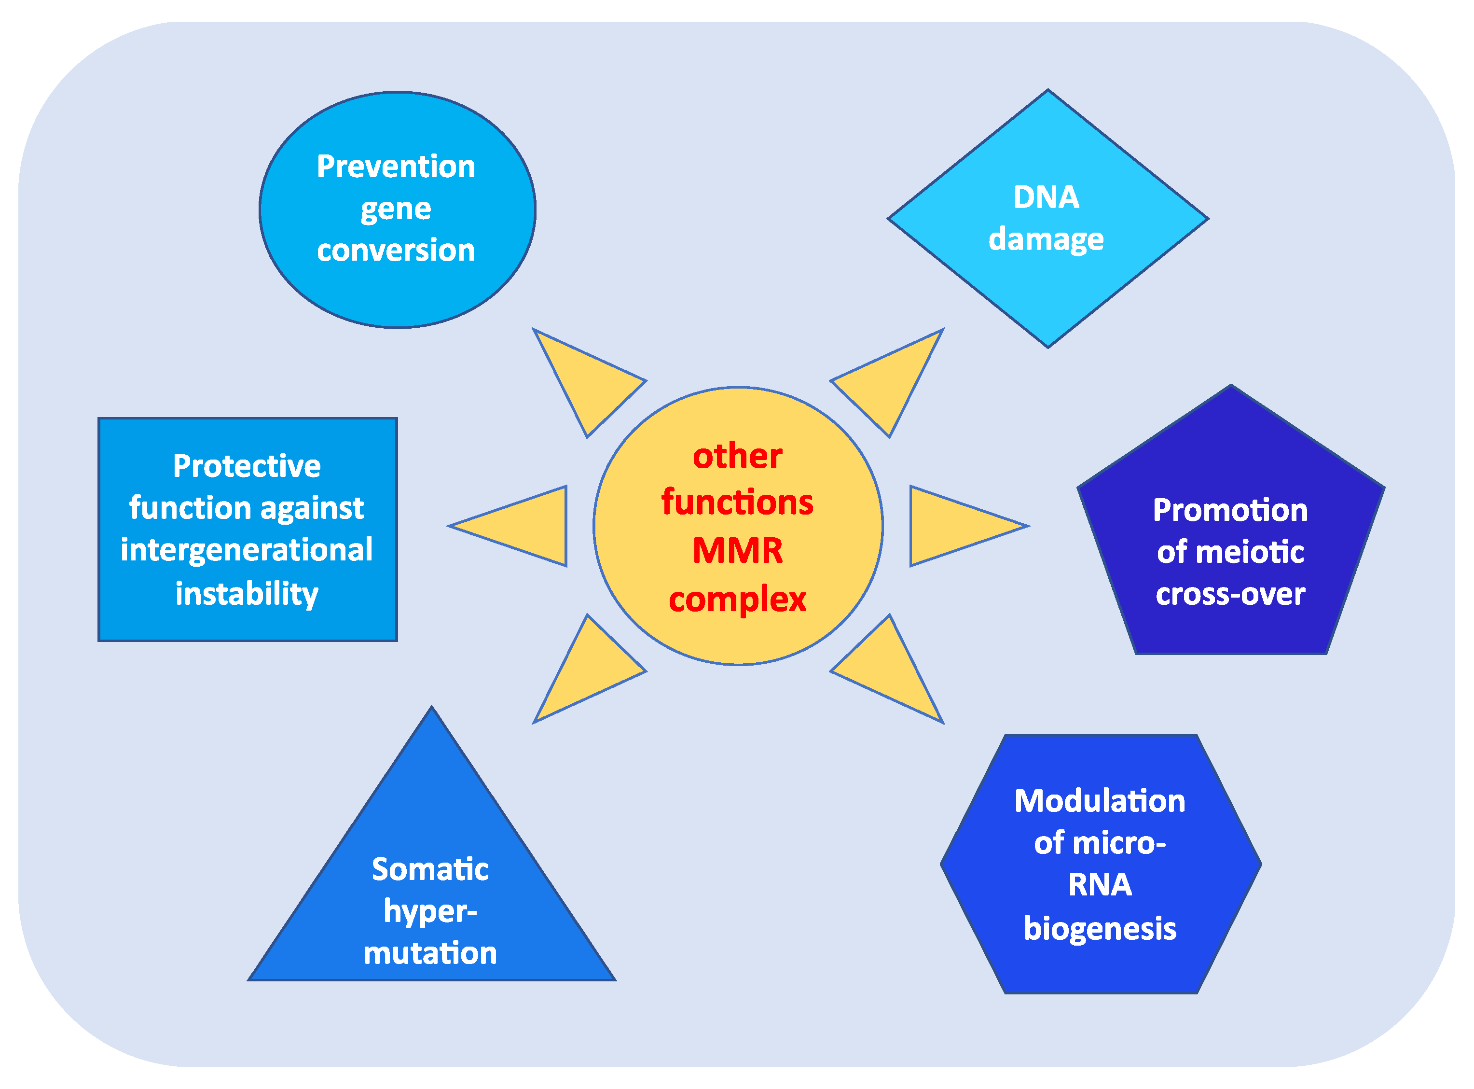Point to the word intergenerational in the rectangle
point(247,550)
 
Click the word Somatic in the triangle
point(430,869)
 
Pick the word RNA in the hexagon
point(1100,885)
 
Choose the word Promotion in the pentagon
point(1230,510)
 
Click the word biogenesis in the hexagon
point(1100,928)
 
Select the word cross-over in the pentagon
point(1230,594)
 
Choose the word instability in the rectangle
point(247,593)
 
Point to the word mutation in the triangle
point(430,953)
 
